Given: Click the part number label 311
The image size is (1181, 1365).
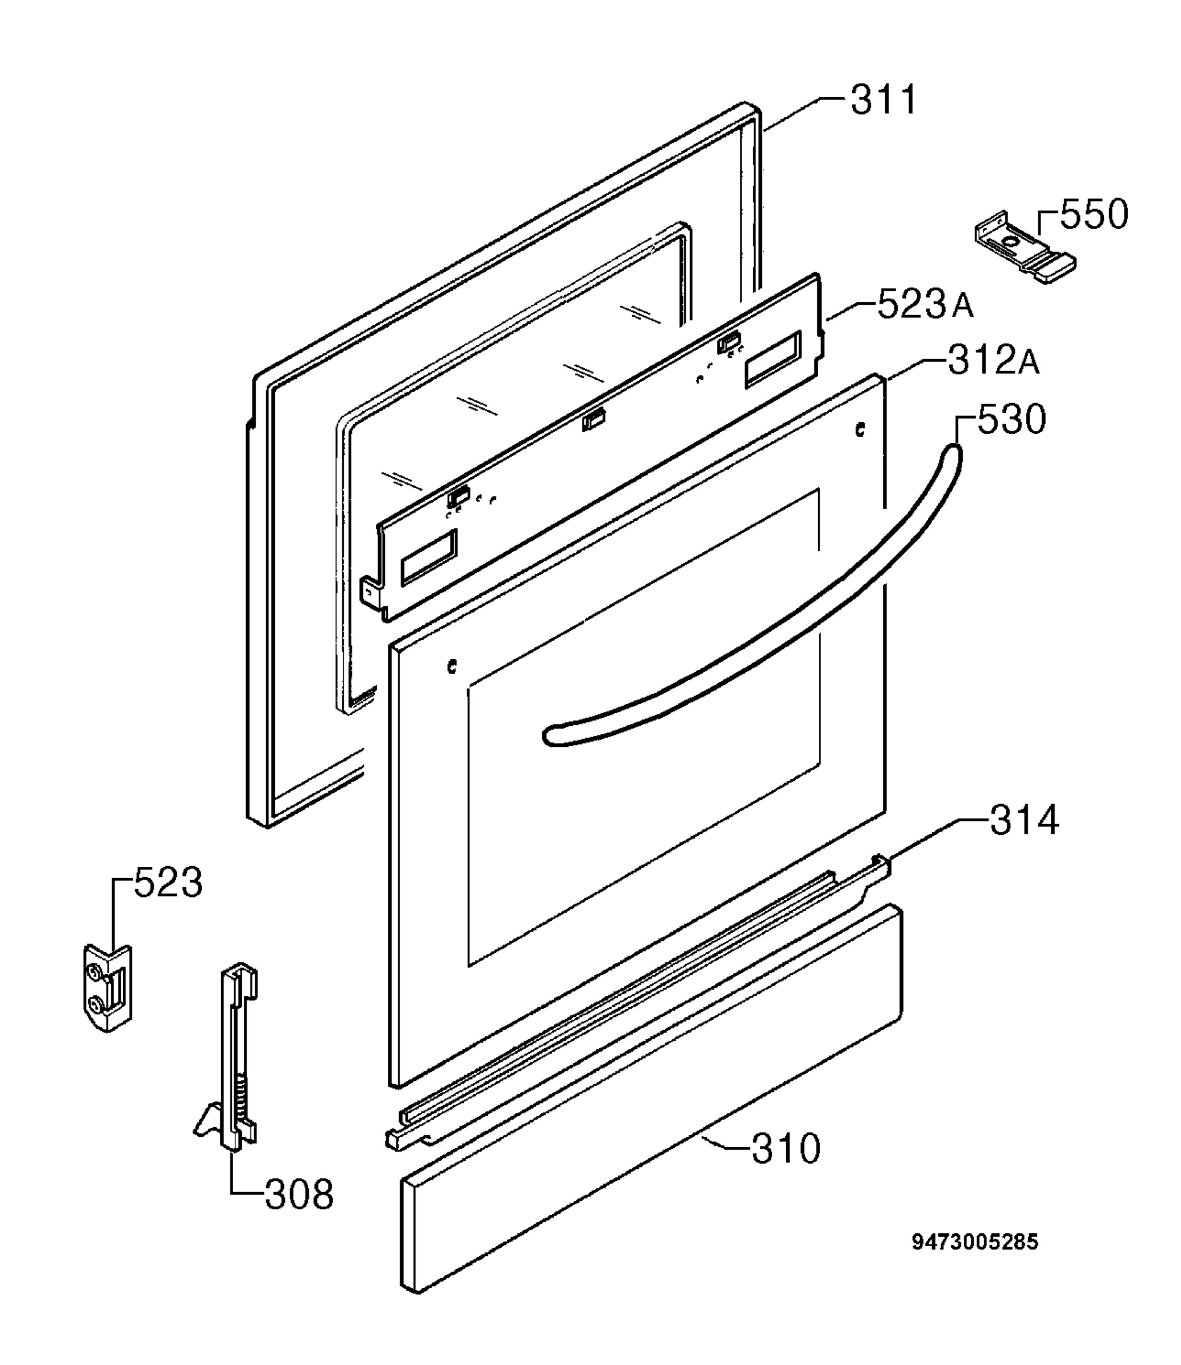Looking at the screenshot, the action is (883, 100).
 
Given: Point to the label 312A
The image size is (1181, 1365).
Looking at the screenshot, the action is (994, 361).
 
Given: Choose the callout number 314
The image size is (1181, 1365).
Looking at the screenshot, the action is (1024, 820).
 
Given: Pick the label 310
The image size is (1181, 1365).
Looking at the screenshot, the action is (786, 1149).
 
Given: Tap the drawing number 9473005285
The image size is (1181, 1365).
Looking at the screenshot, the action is (975, 1242).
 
